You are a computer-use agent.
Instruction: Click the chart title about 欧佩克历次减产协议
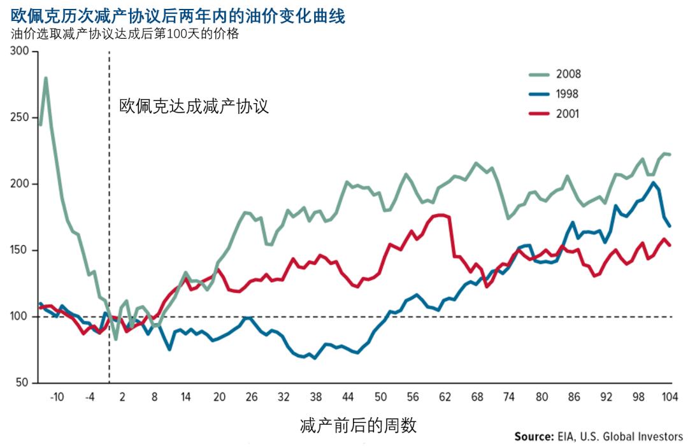click(178, 16)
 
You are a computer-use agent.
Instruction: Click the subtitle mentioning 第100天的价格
click(125, 34)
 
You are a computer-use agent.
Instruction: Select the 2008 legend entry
click(568, 74)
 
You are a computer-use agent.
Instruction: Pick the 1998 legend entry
click(568, 94)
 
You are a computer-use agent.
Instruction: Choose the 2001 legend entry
click(568, 115)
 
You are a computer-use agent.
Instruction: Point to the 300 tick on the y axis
click(20, 52)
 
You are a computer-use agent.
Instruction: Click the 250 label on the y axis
click(20, 118)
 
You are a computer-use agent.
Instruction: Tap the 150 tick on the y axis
click(20, 250)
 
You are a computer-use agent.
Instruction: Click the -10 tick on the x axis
click(57, 397)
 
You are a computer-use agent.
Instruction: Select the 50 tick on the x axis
click(380, 397)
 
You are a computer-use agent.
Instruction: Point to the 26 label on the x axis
click(251, 397)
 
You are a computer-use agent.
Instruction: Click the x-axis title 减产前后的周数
click(358, 425)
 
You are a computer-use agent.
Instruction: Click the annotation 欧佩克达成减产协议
click(194, 106)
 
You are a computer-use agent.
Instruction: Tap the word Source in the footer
click(533, 437)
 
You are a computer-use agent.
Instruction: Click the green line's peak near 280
click(46, 78)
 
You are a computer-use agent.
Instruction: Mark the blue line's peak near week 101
click(653, 183)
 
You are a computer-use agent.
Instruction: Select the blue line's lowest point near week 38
click(315, 358)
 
